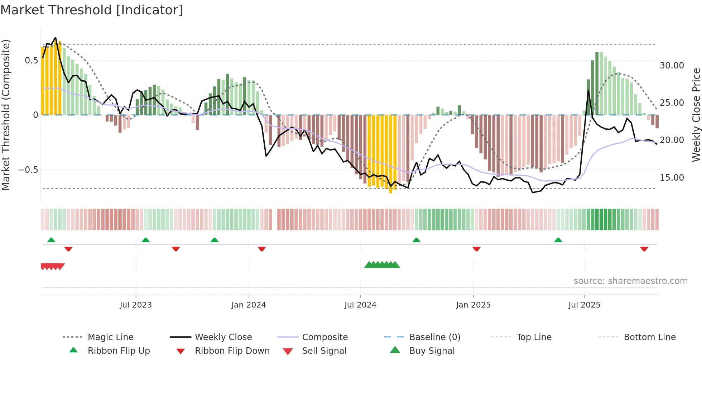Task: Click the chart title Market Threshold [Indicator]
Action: click(x=92, y=10)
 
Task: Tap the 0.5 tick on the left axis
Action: click(x=31, y=61)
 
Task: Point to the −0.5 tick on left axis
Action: click(x=28, y=170)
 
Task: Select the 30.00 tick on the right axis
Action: click(x=672, y=66)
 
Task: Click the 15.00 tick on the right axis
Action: click(x=672, y=178)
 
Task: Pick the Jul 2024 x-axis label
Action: click(x=360, y=305)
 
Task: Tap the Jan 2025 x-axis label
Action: click(x=473, y=305)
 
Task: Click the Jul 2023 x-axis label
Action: click(x=136, y=305)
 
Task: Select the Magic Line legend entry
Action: click(x=110, y=337)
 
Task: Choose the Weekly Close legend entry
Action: click(x=223, y=337)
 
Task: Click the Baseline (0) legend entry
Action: click(x=434, y=337)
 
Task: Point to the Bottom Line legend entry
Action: click(x=649, y=337)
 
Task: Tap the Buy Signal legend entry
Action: click(x=432, y=351)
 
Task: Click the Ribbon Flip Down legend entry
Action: click(x=232, y=351)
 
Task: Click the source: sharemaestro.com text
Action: click(x=630, y=281)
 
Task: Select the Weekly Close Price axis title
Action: click(x=696, y=115)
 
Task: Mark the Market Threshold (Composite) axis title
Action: click(x=6, y=115)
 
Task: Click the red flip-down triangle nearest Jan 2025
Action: click(x=476, y=249)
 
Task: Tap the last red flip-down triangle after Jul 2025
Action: click(x=644, y=249)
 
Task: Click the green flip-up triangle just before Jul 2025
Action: click(x=558, y=240)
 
